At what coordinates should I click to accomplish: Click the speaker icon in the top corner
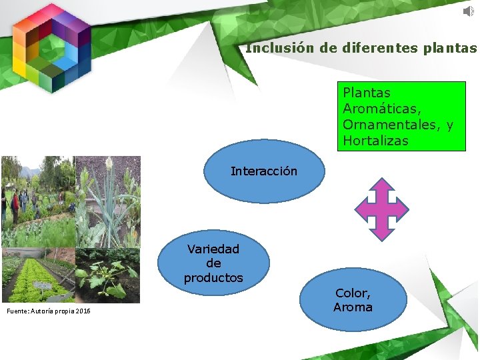[x=468, y=11]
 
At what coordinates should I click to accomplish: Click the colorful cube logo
[x=51, y=48]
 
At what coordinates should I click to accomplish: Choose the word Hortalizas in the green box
[x=375, y=141]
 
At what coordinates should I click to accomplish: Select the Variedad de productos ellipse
[x=213, y=263]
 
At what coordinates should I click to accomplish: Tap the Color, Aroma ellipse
[x=353, y=300]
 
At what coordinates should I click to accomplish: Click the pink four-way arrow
[x=381, y=209]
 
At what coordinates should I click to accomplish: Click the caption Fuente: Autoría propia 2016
[x=49, y=311]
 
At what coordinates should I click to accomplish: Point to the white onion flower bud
[x=109, y=163]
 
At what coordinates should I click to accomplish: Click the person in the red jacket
[x=15, y=201]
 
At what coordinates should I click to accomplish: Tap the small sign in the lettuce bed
[x=43, y=285]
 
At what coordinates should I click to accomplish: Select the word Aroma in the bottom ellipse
[x=353, y=307]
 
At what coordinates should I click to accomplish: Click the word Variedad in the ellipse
[x=213, y=249]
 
